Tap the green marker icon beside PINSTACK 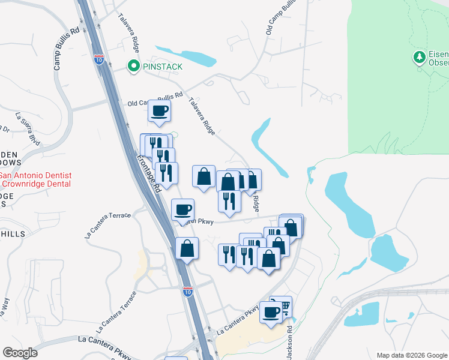(x=133, y=66)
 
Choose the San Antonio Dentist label (x=35, y=176)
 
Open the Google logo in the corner (x=20, y=353)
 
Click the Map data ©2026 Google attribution (x=411, y=355)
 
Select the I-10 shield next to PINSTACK (x=99, y=59)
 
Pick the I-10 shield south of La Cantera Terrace (x=188, y=292)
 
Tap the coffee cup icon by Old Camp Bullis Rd (x=159, y=111)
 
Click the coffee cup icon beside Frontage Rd (x=183, y=209)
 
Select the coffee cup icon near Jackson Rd (x=271, y=312)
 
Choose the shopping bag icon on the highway (x=187, y=248)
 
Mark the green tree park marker (x=419, y=58)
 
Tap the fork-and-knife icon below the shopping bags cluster (x=229, y=200)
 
